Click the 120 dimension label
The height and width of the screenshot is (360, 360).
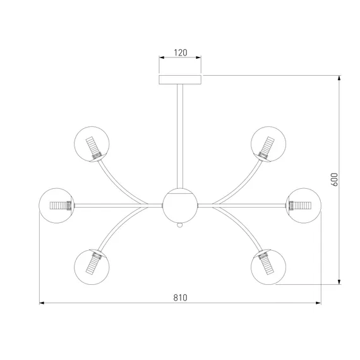pos(181,52)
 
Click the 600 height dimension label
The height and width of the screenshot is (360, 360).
pos(335,179)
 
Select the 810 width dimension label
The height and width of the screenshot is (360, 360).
pos(180,297)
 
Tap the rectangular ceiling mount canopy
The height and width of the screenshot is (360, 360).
pos(180,80)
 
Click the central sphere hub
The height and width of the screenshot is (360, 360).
pos(180,205)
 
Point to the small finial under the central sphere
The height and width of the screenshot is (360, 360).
pos(180,225)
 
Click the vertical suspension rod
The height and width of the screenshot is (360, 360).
pos(180,136)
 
